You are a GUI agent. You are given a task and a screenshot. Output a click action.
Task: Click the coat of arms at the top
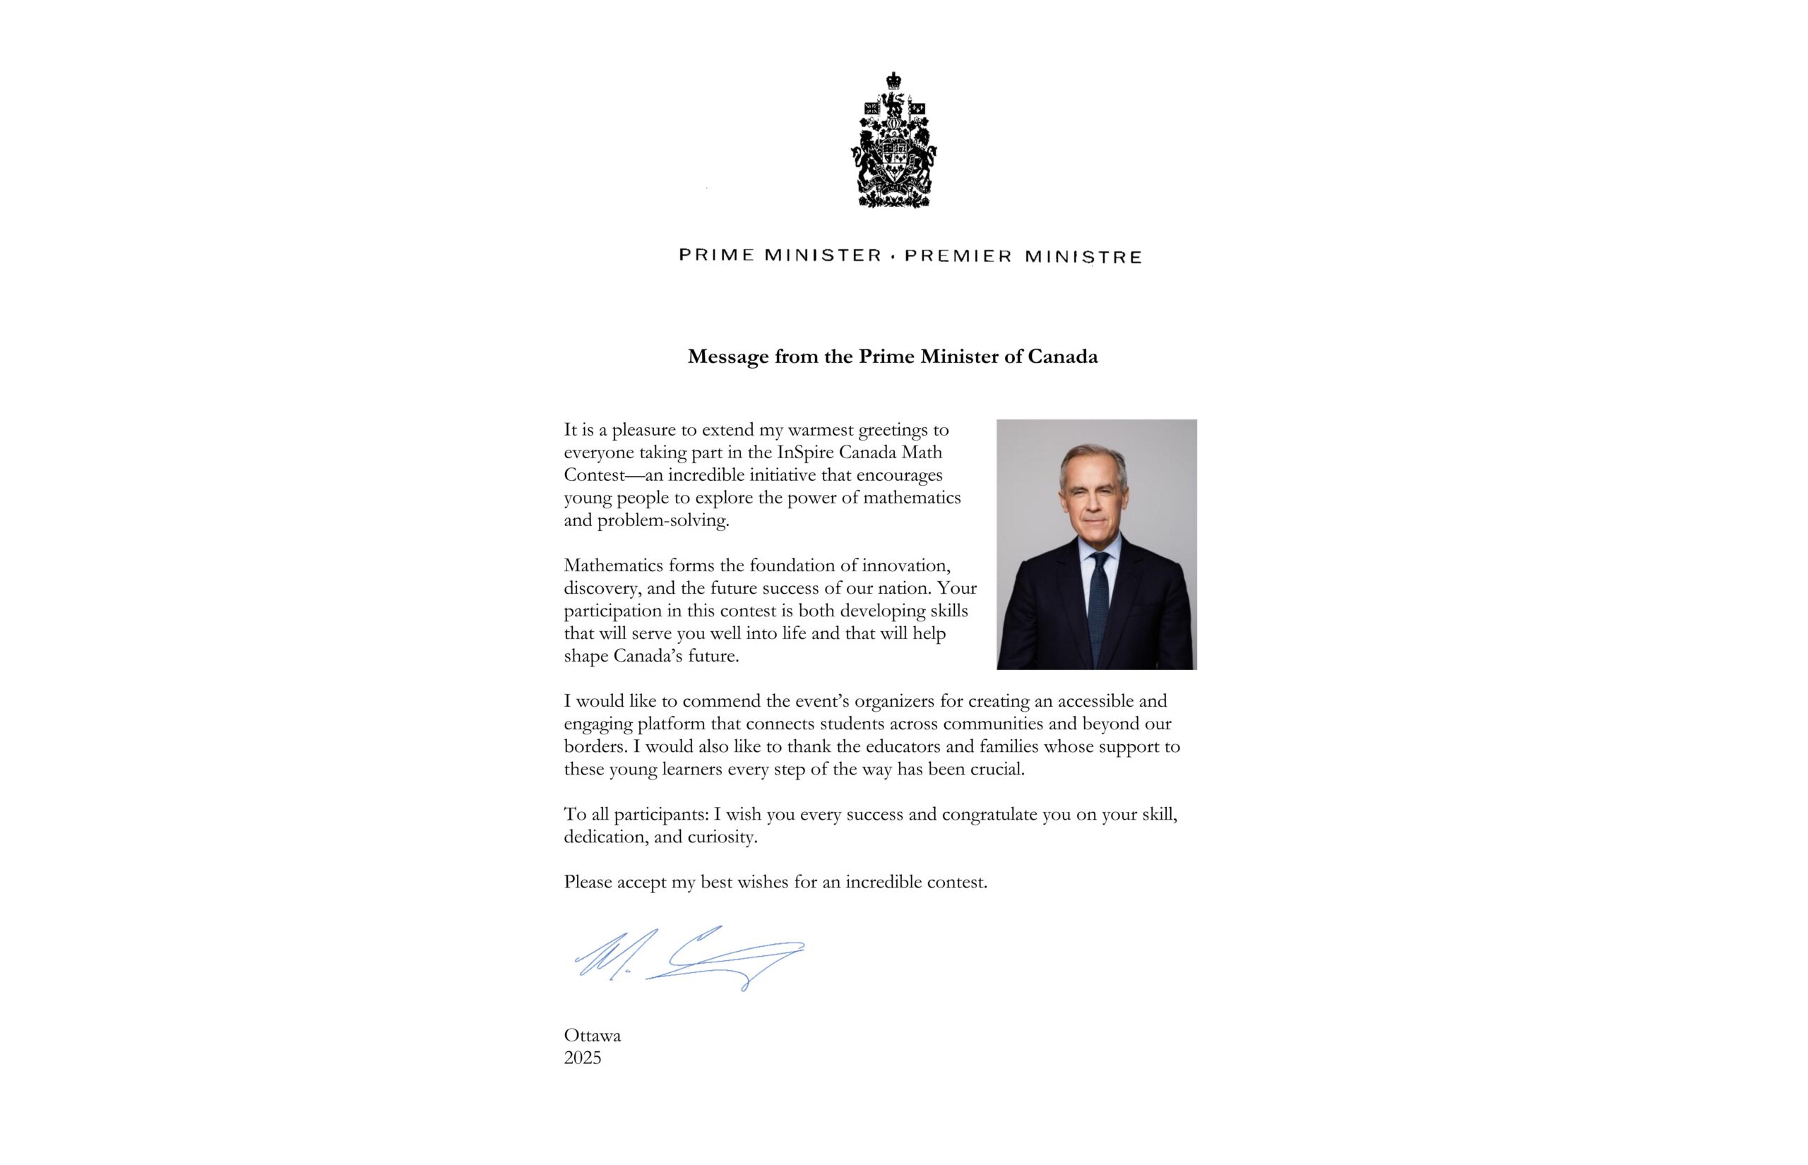click(x=893, y=144)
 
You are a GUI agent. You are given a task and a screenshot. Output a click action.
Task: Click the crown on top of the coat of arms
click(x=893, y=80)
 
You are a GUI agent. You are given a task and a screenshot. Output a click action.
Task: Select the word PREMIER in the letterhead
click(x=958, y=256)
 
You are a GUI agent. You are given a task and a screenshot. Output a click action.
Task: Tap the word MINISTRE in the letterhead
click(x=1083, y=257)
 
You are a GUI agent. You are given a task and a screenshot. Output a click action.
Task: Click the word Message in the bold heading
click(x=727, y=357)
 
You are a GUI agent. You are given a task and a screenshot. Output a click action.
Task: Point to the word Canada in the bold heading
click(x=1062, y=357)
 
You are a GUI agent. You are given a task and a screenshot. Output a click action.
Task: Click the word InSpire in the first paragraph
click(x=807, y=453)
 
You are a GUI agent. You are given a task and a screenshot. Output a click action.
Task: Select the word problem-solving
click(x=662, y=521)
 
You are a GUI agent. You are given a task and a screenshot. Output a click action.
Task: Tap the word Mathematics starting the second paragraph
click(x=614, y=566)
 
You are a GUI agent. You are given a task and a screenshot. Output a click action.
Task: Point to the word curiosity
click(x=722, y=837)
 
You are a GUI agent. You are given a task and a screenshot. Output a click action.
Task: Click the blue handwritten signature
click(x=689, y=959)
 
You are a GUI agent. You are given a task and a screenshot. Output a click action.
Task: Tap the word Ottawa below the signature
click(x=593, y=1036)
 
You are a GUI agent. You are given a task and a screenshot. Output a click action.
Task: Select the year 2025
click(x=583, y=1058)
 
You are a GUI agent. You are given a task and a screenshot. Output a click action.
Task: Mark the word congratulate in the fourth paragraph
click(x=989, y=815)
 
